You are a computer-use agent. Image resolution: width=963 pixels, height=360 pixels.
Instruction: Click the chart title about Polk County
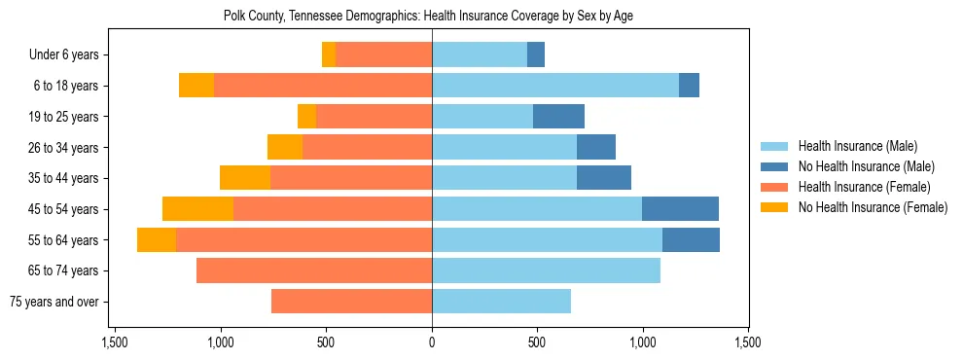point(429,17)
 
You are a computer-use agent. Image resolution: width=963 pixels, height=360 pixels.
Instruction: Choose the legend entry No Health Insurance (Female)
point(873,207)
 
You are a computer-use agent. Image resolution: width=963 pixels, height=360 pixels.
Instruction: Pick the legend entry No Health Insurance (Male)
point(866,166)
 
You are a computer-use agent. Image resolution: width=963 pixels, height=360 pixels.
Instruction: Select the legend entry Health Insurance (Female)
point(864,187)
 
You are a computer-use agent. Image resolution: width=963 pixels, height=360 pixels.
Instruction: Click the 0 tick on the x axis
point(432,343)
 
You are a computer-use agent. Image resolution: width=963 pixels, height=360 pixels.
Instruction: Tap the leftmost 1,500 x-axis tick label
point(115,343)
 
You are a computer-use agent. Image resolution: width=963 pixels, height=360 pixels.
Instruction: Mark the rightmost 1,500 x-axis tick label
point(748,343)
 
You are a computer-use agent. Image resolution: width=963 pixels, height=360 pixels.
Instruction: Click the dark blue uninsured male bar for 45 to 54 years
point(680,209)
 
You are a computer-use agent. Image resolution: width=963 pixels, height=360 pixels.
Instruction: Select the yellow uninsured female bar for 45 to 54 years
point(197,209)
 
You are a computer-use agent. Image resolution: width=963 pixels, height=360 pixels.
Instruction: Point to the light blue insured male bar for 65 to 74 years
point(546,270)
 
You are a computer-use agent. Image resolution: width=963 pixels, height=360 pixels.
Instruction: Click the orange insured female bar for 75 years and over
point(351,302)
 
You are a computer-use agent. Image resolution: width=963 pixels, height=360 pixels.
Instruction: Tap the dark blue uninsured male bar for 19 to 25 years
point(558,117)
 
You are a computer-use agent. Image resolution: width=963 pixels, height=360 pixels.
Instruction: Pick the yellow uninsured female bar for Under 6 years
point(329,55)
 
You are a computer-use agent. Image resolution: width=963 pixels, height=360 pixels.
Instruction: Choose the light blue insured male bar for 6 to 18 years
point(555,86)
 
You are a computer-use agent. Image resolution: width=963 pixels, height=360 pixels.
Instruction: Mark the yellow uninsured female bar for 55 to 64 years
point(157,240)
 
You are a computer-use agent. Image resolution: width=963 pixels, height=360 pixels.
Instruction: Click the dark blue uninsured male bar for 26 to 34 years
point(596,148)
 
